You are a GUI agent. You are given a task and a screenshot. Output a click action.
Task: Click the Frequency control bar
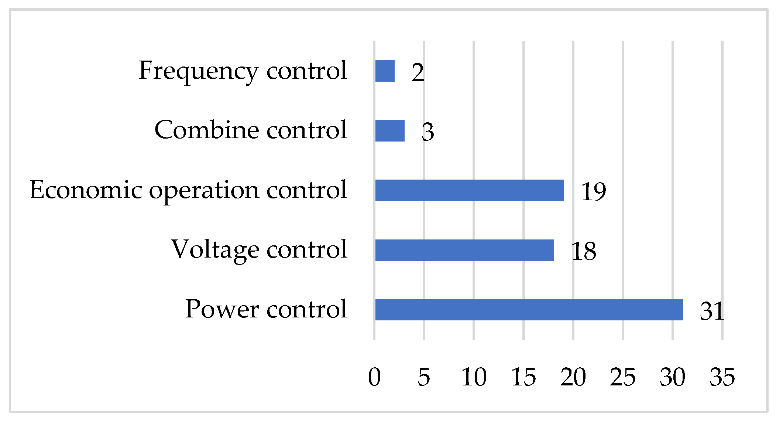[385, 71]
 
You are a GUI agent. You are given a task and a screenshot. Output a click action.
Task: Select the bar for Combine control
[390, 131]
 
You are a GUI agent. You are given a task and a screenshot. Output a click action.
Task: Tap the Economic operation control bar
[469, 190]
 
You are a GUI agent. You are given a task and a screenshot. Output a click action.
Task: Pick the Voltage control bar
[464, 250]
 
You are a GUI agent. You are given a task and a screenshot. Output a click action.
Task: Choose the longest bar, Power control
[529, 310]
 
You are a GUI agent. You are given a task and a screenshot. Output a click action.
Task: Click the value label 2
[418, 72]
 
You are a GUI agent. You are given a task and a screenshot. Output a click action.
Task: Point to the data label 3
[428, 132]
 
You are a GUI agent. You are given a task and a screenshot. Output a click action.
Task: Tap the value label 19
[594, 192]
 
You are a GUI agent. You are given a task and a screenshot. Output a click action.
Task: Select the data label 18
[584, 252]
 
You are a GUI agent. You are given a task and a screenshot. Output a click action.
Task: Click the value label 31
[712, 311]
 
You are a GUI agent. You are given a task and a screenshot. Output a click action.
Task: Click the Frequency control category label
[243, 71]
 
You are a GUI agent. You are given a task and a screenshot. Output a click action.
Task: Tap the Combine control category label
[251, 130]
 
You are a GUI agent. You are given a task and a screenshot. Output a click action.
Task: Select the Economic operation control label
[188, 190]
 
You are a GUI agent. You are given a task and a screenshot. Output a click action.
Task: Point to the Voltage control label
[259, 250]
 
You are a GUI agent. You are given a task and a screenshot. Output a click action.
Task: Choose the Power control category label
[266, 309]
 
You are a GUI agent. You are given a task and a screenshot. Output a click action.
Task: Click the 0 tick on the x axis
[374, 377]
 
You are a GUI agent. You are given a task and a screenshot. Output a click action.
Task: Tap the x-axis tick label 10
[474, 377]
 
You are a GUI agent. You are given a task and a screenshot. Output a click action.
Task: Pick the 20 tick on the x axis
[573, 377]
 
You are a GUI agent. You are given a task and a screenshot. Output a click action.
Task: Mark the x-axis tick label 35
[722, 377]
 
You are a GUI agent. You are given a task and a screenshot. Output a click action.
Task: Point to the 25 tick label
[623, 377]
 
